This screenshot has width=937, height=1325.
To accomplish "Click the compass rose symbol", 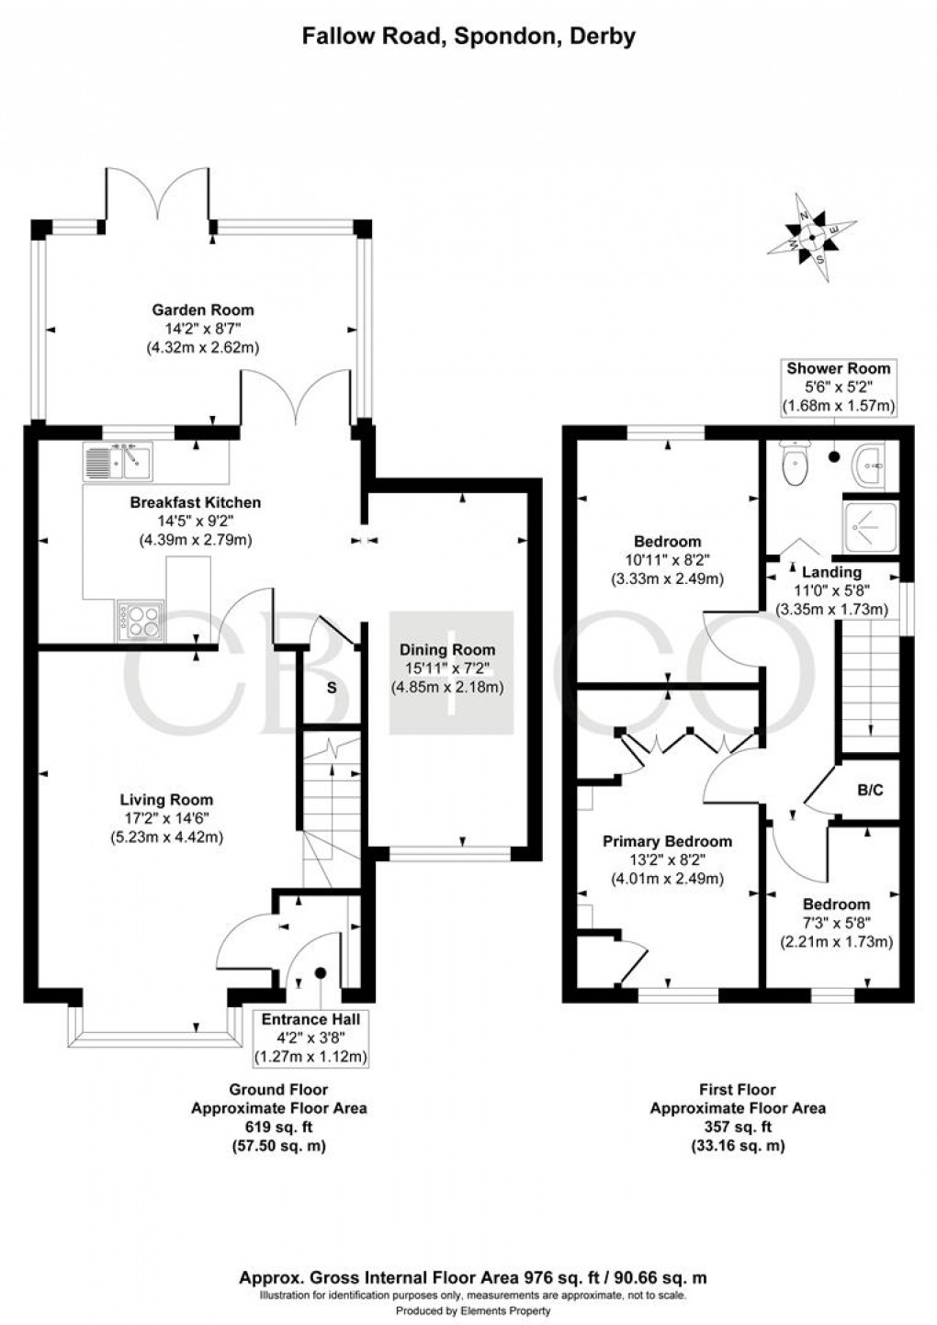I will [812, 236].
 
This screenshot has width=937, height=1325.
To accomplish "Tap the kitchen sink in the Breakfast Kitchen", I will [117, 461].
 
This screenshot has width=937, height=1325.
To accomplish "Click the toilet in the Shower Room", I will [792, 464].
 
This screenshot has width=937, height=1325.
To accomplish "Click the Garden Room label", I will [203, 310].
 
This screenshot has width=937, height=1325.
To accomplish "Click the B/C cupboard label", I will [870, 789].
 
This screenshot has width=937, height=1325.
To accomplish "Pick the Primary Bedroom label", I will [667, 842].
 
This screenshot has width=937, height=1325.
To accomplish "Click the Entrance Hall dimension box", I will [310, 1038].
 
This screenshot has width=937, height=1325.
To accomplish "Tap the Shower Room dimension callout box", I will [838, 387].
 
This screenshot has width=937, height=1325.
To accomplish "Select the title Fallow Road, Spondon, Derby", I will [468, 37].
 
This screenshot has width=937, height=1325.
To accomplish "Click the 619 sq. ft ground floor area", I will [278, 1128].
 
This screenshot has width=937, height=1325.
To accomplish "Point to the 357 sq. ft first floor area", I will [738, 1128].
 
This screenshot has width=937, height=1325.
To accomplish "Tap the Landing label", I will [832, 572].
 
